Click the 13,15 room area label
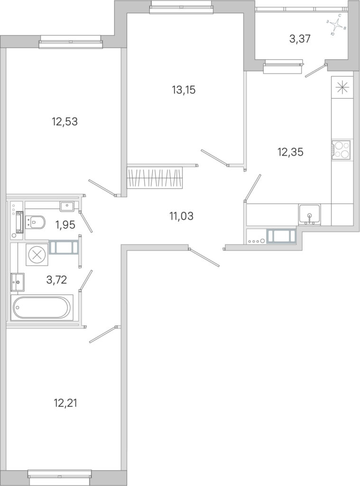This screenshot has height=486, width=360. (184, 90)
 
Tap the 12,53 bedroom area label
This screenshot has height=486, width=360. (65, 121)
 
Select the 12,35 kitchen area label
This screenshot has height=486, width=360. (290, 152)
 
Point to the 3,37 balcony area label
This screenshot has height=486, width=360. (300, 39)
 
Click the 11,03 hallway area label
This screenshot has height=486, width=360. (181, 216)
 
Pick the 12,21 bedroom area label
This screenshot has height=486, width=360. (65, 403)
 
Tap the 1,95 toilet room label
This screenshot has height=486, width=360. (65, 224)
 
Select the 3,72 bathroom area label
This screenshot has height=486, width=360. (56, 280)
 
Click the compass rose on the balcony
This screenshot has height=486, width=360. (336, 25)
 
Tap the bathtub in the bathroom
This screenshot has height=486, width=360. (42, 308)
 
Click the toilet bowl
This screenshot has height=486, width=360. (35, 222)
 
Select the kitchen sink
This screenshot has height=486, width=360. (310, 214)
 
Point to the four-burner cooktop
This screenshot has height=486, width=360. (341, 150)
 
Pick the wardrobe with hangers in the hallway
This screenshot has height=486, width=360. (155, 178)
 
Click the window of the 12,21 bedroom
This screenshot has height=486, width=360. (60, 474)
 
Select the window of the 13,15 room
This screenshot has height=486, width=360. (182, 7)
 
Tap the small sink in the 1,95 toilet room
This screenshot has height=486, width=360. (66, 206)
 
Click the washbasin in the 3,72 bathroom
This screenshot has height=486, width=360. (18, 282)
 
